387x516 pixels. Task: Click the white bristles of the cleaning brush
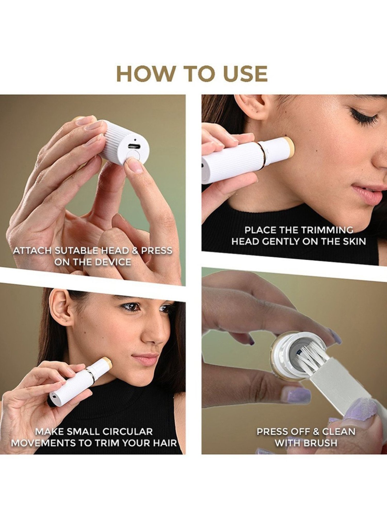(x=310, y=357)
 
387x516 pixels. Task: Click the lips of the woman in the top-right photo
(x=366, y=191)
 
